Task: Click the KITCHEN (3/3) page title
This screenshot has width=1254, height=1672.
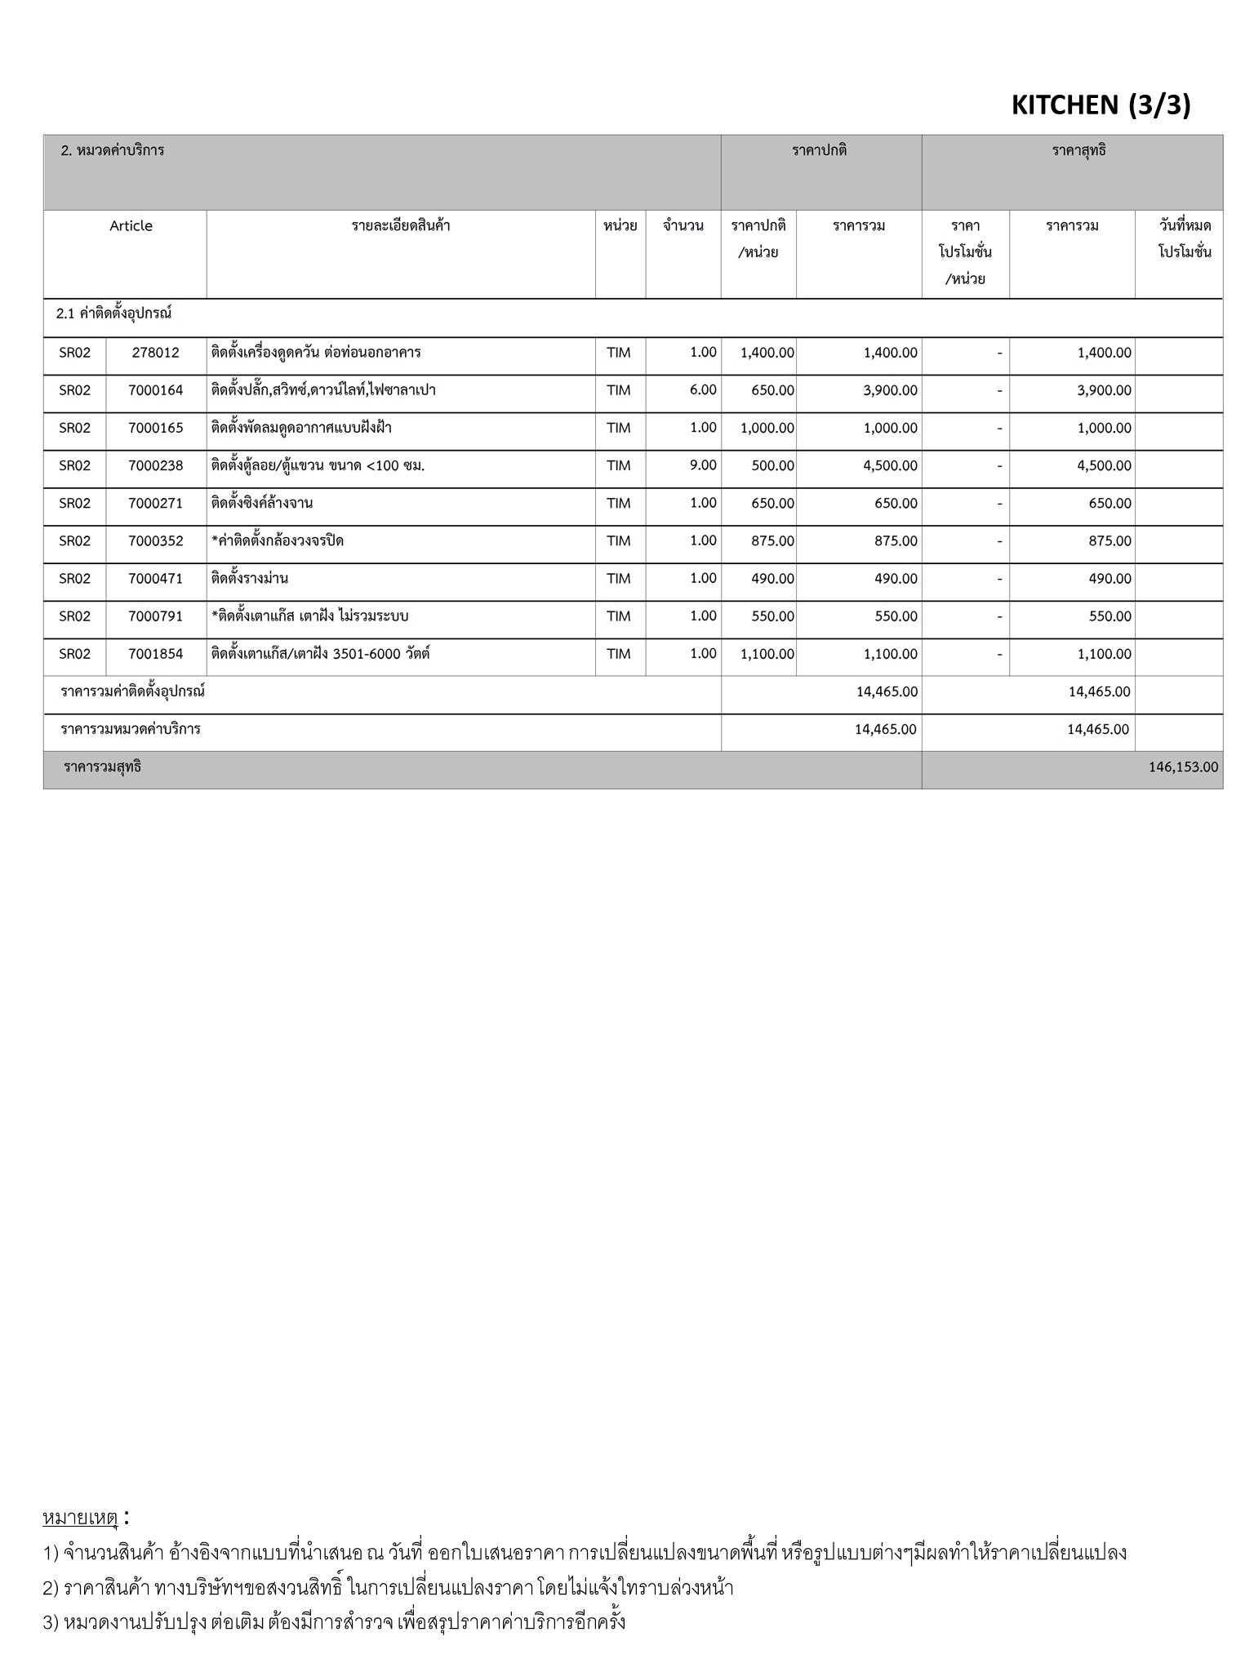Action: [x=1101, y=104]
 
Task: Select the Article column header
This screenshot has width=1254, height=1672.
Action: [x=131, y=226]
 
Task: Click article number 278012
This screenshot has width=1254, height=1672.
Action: [x=155, y=353]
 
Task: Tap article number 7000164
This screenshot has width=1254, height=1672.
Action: [x=155, y=390]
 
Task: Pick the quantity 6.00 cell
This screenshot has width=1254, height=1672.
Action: [x=702, y=390]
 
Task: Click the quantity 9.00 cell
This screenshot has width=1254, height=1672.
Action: [x=702, y=465]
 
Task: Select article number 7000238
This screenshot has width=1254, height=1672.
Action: [x=155, y=465]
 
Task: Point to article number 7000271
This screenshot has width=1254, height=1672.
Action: [x=155, y=503]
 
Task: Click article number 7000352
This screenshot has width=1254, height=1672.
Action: [x=155, y=540]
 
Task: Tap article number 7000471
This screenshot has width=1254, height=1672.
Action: [x=155, y=578]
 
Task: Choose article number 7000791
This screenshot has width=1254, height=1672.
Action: [x=155, y=616]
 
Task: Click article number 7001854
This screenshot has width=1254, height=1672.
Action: [x=155, y=654]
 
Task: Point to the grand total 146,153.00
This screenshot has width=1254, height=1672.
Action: [x=1183, y=767]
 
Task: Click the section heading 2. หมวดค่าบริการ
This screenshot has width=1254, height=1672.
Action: [x=113, y=151]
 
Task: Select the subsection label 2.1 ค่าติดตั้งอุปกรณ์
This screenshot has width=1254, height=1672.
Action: [x=113, y=313]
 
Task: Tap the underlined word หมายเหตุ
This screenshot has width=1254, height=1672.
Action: [x=80, y=1518]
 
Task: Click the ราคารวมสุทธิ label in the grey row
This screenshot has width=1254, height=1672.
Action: [x=102, y=767]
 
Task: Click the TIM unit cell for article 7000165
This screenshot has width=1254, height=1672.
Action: [x=618, y=428]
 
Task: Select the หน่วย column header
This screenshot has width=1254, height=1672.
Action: [x=620, y=226]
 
